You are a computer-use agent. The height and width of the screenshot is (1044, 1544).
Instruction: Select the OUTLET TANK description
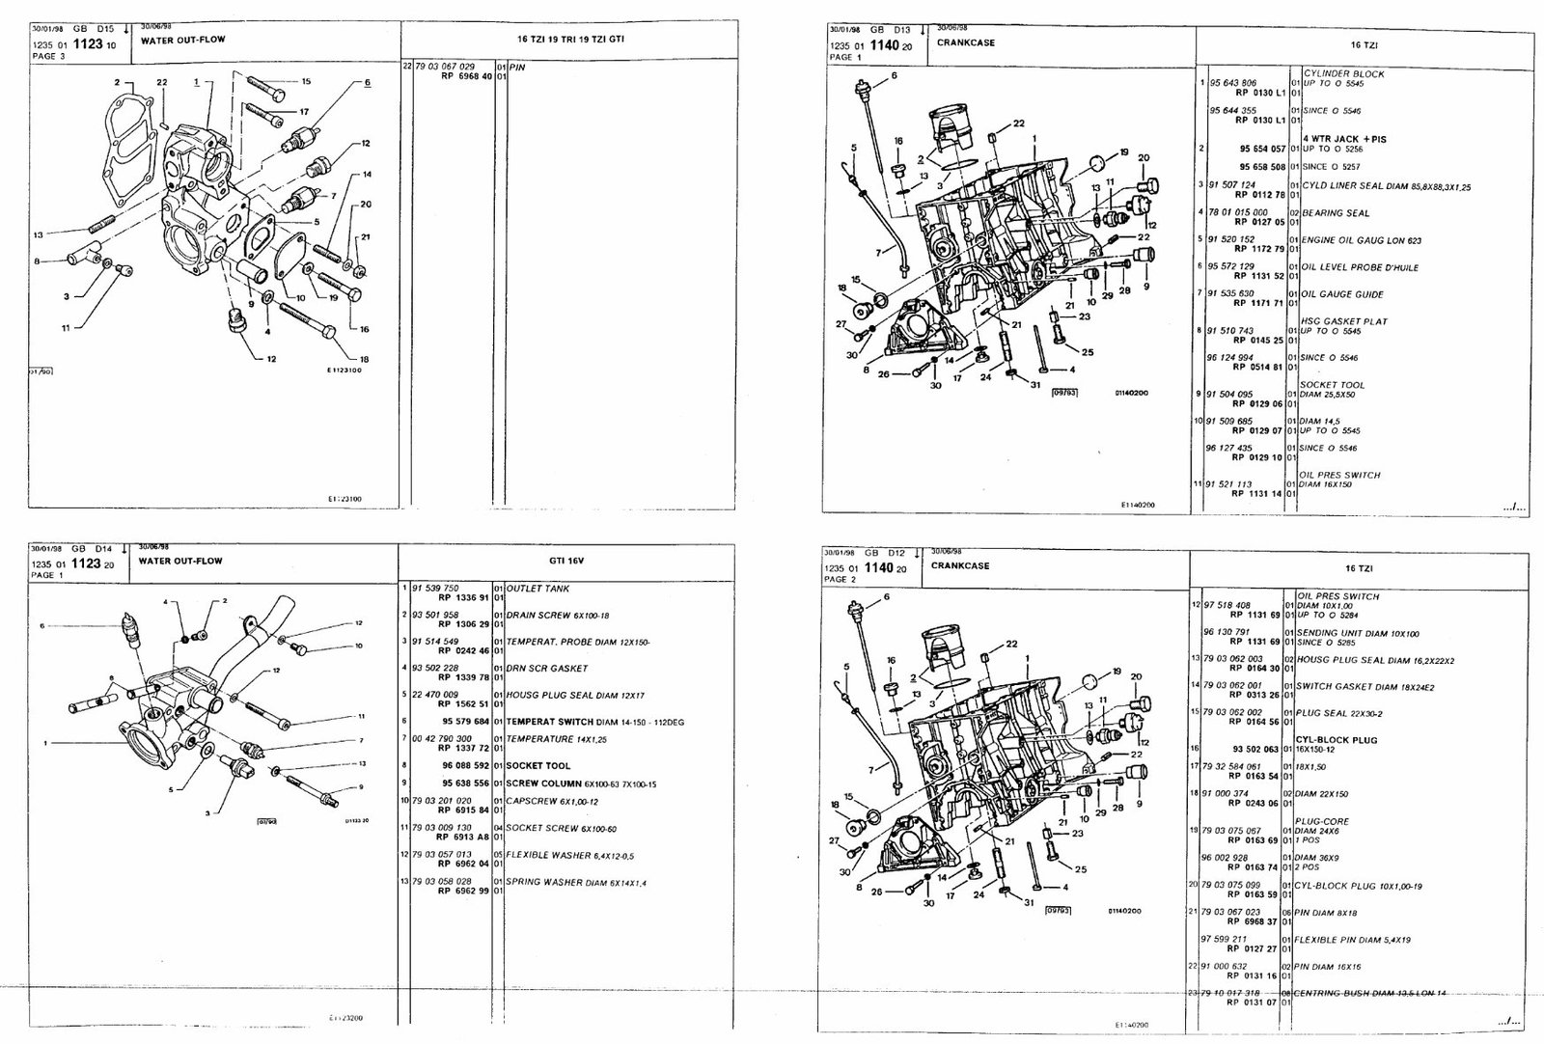tap(538, 589)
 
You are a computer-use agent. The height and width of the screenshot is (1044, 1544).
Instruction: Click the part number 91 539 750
tap(436, 589)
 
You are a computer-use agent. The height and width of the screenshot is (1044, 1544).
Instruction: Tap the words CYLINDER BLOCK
tap(1343, 73)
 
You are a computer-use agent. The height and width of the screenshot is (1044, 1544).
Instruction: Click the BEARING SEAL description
tap(1335, 213)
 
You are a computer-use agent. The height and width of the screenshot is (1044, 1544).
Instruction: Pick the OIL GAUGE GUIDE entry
tap(1342, 294)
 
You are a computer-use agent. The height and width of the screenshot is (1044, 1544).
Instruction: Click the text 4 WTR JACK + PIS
tap(1343, 139)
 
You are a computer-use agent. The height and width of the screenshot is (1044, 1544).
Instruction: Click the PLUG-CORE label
tap(1323, 821)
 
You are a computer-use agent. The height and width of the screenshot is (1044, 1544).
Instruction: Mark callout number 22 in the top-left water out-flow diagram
tap(162, 83)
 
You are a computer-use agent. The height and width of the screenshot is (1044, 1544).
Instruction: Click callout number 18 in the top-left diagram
tap(364, 359)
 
